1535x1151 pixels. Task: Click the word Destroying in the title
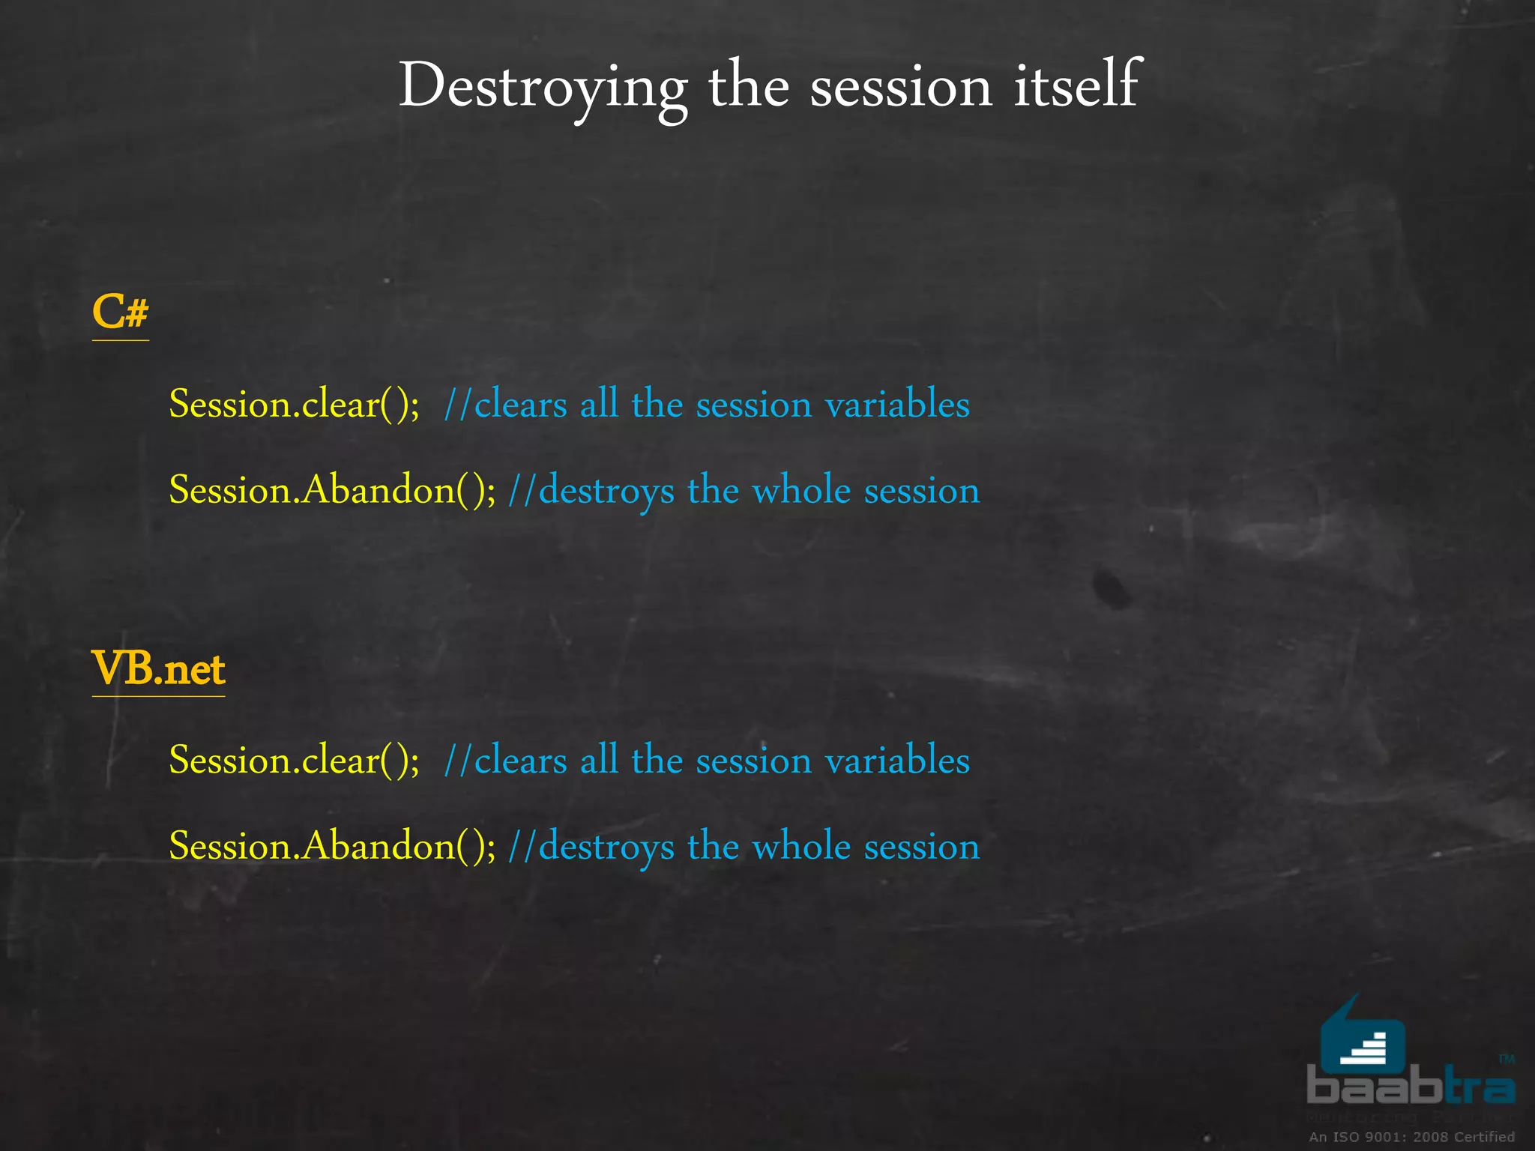coord(543,87)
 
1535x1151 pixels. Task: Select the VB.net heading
coord(158,668)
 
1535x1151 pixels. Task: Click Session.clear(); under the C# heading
coord(294,405)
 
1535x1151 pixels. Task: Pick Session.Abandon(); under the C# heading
coord(332,490)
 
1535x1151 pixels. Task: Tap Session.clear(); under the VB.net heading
coord(294,761)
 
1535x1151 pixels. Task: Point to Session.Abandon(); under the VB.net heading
coord(332,846)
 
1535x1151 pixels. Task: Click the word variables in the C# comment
coord(897,405)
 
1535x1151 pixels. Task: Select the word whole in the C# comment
coord(801,490)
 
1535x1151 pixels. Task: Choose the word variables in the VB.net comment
coord(897,761)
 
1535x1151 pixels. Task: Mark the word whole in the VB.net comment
coord(801,846)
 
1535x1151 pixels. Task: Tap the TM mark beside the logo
coord(1507,1059)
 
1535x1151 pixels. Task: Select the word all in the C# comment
coord(599,405)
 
